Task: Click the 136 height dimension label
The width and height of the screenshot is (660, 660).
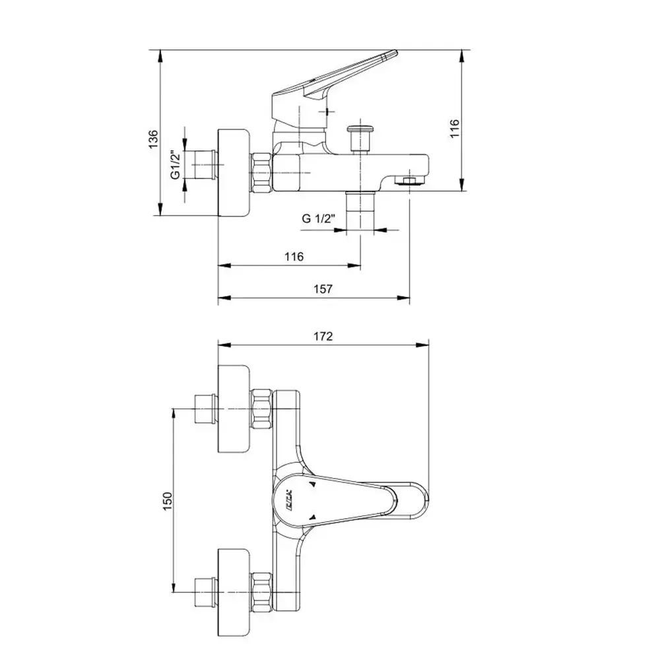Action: pyautogui.click(x=153, y=139)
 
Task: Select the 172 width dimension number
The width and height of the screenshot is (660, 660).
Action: pyautogui.click(x=323, y=336)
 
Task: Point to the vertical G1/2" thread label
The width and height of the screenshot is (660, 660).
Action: pyautogui.click(x=175, y=165)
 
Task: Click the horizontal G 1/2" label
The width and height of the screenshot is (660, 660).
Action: pyautogui.click(x=319, y=218)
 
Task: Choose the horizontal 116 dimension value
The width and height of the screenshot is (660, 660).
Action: pyautogui.click(x=294, y=256)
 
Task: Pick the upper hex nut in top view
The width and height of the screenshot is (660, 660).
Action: pyautogui.click(x=262, y=409)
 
